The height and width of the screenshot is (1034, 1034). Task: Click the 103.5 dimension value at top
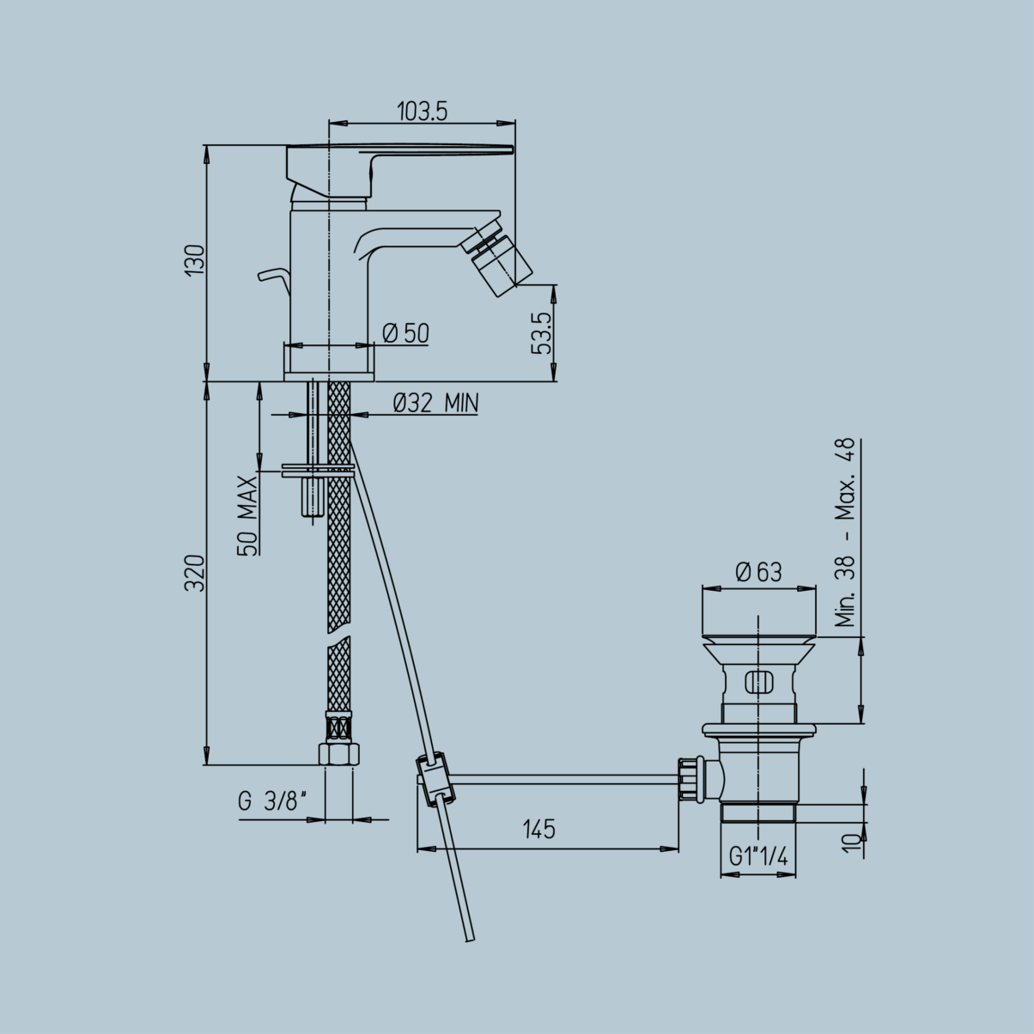423,111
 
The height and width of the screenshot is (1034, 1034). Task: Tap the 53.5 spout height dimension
541,333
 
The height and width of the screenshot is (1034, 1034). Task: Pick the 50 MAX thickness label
248,515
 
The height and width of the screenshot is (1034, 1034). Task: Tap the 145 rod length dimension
538,830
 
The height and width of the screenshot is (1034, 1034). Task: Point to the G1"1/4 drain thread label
759,856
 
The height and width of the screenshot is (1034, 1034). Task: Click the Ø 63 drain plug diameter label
759,572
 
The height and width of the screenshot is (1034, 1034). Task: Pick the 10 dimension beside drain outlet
850,842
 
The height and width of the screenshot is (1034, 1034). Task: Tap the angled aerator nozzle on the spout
498,258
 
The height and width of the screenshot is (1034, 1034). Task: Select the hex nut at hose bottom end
338,753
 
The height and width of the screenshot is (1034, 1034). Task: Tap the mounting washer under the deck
317,471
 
